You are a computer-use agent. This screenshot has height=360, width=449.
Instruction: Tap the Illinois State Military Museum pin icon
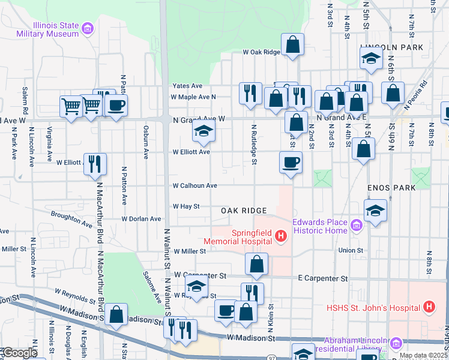coord(88,28)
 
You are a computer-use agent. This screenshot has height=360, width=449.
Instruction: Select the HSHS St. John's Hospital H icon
coord(429,307)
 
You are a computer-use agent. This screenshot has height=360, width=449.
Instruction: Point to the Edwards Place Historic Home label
coord(320,226)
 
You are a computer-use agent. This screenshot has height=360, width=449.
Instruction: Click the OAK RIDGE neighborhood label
coord(243,211)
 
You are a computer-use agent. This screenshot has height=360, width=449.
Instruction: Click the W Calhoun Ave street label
coord(194,186)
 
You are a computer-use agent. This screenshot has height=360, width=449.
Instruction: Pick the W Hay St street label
coord(186,206)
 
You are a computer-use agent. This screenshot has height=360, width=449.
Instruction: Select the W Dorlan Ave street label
coord(141,219)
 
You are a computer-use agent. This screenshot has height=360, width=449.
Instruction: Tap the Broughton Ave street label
coord(71,219)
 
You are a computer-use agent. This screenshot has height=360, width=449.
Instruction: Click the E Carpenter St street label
coord(324,278)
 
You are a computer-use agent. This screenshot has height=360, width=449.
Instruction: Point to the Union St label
coord(351,250)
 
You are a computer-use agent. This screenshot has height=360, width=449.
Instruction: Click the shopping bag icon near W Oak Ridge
coord(292,44)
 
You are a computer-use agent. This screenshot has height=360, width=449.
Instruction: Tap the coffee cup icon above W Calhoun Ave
coord(291,162)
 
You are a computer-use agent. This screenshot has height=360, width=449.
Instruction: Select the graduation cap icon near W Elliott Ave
coord(203,133)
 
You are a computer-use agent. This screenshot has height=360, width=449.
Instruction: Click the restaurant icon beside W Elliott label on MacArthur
coord(95,164)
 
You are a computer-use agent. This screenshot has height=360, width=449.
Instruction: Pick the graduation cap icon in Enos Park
coord(375,211)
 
